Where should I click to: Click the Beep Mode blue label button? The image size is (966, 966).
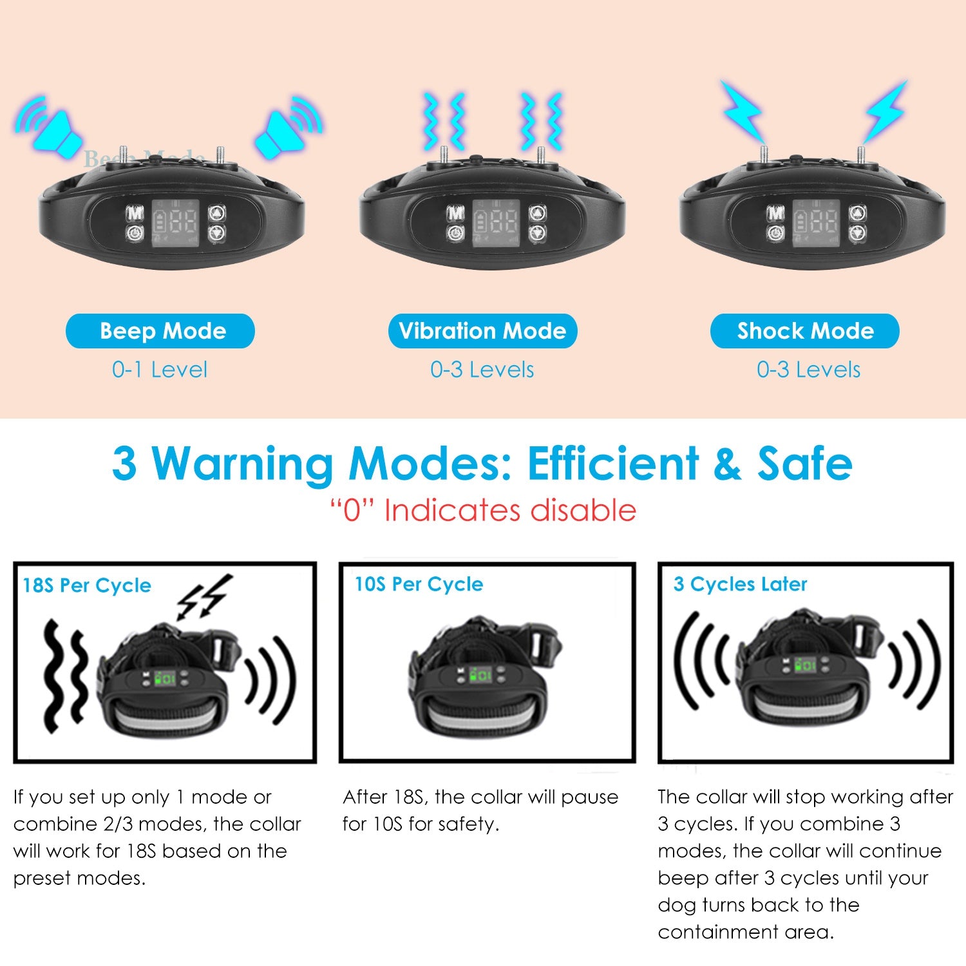pos(160,331)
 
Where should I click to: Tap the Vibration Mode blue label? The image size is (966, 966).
pos(482,331)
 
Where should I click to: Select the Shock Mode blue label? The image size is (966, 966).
pos(805,331)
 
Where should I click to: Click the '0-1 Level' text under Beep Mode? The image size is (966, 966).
pos(160,370)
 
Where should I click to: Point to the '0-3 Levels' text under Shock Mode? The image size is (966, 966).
pos(808,370)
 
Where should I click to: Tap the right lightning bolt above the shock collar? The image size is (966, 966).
pos(885,109)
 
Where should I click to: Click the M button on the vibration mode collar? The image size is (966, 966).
pos(456,213)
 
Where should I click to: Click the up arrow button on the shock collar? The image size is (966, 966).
pos(857,213)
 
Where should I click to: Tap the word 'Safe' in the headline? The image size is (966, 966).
pos(804,464)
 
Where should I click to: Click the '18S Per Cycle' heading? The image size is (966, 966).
pos(87,585)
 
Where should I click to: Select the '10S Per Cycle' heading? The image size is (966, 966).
pos(419,584)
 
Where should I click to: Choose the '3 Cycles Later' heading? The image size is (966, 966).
pos(740,584)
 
